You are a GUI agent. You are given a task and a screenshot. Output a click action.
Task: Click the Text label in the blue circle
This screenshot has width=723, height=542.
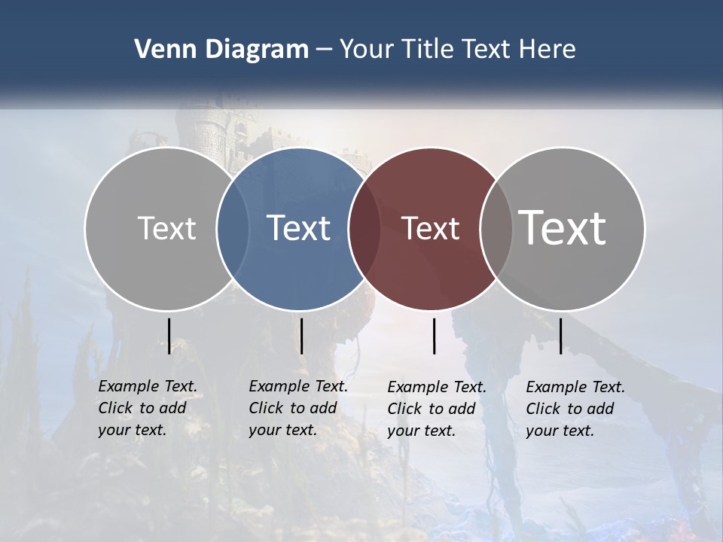(299, 228)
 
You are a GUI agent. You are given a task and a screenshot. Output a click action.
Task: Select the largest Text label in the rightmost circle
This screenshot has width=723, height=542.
(562, 227)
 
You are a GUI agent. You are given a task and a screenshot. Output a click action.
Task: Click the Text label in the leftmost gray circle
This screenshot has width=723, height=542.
(167, 228)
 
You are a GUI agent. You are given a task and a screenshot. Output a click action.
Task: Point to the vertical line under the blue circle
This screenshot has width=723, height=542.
(301, 336)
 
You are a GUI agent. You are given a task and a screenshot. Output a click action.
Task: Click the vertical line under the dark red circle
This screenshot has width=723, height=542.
(434, 336)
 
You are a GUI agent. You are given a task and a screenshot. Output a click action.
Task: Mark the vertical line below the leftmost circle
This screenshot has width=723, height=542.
(169, 336)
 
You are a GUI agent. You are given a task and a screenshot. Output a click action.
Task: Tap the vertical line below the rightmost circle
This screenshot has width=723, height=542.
(560, 336)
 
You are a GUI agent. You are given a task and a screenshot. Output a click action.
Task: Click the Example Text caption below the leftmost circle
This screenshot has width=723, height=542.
(148, 408)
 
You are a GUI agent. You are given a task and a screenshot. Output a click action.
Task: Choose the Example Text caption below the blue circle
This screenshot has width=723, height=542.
(298, 408)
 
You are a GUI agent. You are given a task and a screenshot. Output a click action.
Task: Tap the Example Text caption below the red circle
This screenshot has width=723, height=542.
(437, 409)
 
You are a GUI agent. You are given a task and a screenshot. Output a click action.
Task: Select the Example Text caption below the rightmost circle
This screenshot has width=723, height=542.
(575, 409)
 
